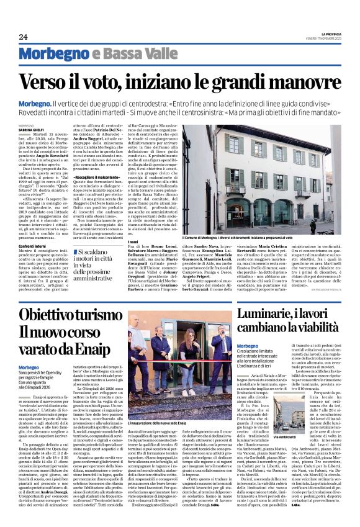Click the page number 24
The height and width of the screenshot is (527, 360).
point(23,37)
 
